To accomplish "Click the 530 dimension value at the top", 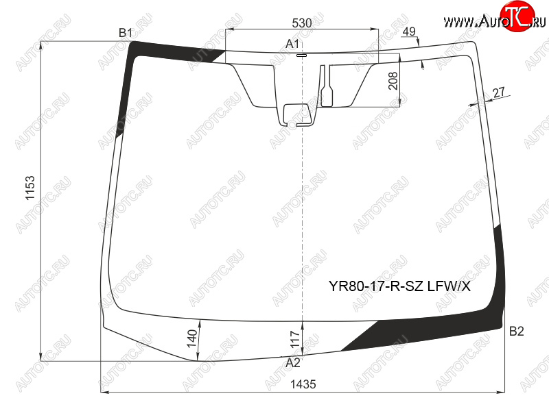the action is (x=301, y=23).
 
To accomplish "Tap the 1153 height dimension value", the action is (x=30, y=188).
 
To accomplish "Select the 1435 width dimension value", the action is (x=303, y=384).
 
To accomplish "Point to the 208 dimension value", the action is (x=393, y=81).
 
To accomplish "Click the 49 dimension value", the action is (x=409, y=32).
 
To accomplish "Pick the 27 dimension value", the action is (x=499, y=92).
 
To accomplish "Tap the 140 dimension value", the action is (x=192, y=338).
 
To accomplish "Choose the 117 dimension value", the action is (x=295, y=339).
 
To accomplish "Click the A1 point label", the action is (x=292, y=44).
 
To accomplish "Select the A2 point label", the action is (x=293, y=363).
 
